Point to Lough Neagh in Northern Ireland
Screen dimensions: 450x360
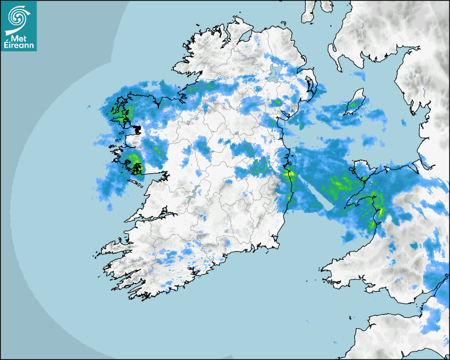point(274,75)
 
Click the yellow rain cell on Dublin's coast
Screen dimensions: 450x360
point(289,173)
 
